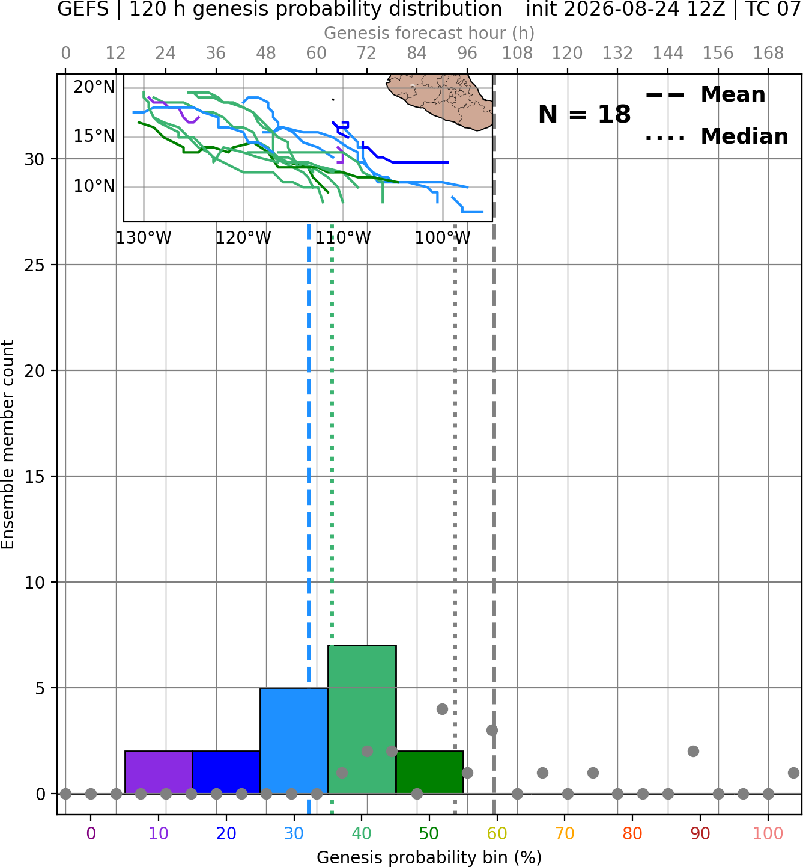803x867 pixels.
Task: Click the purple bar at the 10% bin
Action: point(159,772)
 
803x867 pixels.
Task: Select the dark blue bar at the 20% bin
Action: point(226,772)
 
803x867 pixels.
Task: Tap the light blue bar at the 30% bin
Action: point(294,740)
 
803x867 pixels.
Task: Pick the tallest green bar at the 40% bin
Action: point(362,719)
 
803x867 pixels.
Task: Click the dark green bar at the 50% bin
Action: point(429,772)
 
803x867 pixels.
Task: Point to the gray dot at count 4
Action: point(442,709)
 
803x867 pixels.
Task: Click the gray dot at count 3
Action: point(492,730)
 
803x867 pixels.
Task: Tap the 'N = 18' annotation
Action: point(584,114)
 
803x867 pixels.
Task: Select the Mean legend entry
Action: point(705,95)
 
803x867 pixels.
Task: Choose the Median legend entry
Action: point(717,136)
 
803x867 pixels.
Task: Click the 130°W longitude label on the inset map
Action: point(144,238)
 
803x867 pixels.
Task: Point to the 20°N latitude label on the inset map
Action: point(94,87)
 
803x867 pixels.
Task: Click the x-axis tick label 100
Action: point(768,833)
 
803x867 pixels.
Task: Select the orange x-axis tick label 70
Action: point(565,833)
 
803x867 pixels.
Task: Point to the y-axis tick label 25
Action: point(34,265)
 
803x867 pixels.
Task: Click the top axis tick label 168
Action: point(769,54)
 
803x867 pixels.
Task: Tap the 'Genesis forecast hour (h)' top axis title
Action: point(429,33)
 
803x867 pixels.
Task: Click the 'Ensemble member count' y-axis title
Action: point(8,444)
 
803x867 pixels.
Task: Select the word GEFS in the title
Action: point(83,9)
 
